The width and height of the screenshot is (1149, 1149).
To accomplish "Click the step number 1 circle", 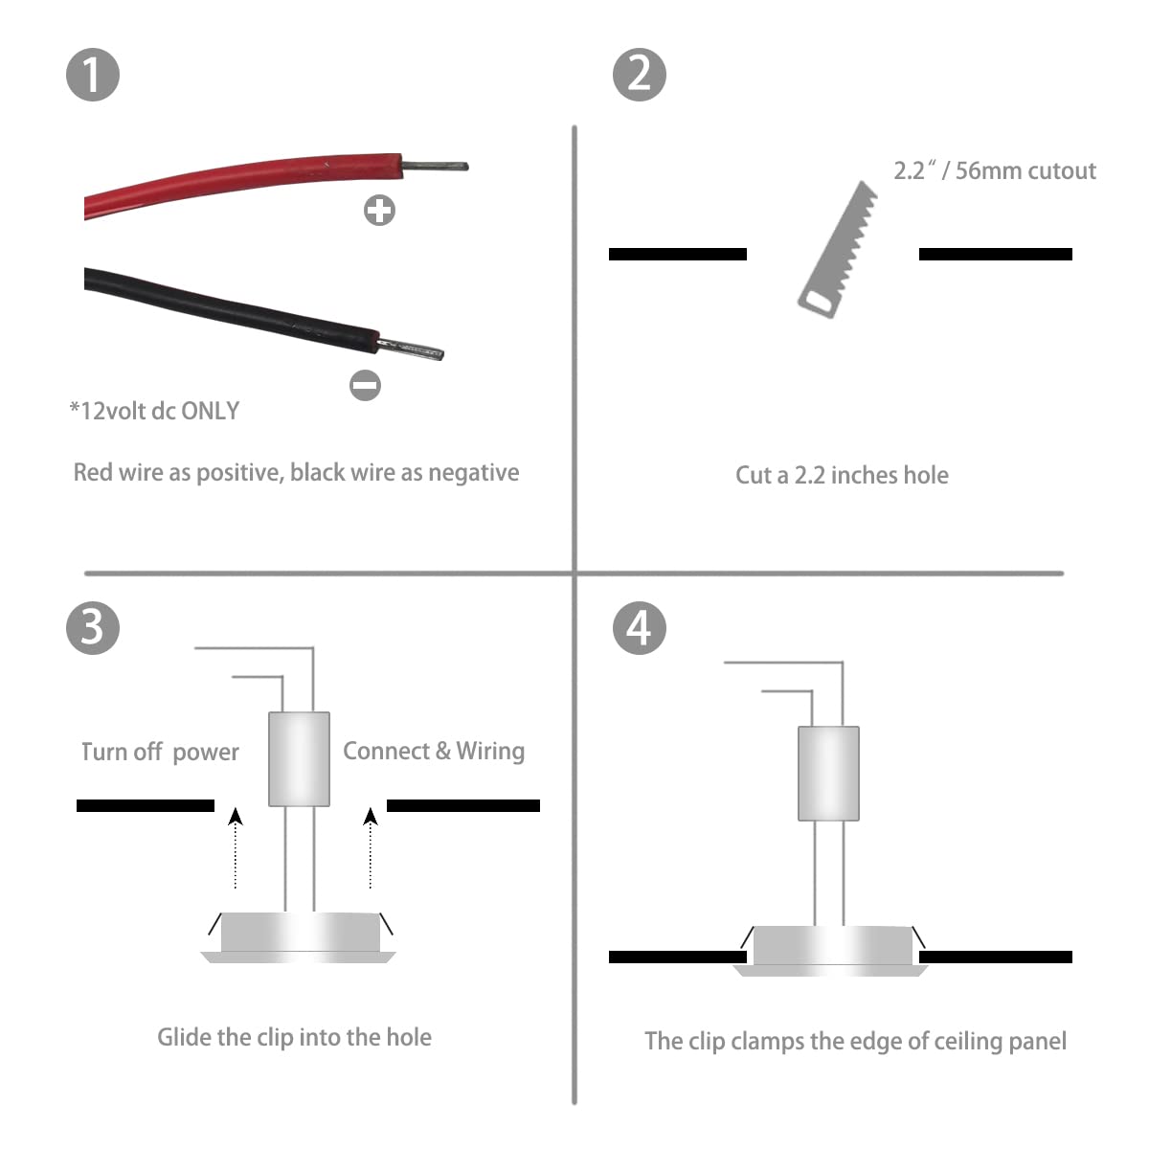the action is [93, 75].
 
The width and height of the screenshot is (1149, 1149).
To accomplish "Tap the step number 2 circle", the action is [640, 75].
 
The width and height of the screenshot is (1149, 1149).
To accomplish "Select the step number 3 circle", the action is [93, 628].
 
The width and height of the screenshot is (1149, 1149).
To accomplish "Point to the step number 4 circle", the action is [640, 628].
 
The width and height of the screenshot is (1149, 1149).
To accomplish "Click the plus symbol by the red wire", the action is [379, 210].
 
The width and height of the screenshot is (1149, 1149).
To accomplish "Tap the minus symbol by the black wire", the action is [365, 385].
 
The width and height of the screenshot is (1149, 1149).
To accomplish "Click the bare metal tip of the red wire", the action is [436, 166].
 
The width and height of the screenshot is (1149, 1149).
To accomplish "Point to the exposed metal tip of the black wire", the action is [412, 349].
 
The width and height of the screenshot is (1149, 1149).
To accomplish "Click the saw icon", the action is [837, 250].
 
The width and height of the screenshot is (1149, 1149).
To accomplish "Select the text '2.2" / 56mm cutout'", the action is [995, 170].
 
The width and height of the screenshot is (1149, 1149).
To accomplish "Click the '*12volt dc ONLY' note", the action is [154, 411].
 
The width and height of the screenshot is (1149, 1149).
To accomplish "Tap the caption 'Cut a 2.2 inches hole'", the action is [842, 475].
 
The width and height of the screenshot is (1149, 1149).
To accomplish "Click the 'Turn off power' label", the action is [160, 752].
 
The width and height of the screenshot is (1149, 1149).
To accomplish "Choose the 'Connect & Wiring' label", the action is [434, 752].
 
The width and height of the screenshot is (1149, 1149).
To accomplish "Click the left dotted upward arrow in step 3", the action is [236, 848].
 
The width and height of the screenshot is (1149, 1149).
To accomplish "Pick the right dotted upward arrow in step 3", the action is [371, 848].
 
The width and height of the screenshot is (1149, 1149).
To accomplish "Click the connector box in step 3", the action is [300, 759].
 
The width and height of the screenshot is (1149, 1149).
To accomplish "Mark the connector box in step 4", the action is [829, 774].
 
